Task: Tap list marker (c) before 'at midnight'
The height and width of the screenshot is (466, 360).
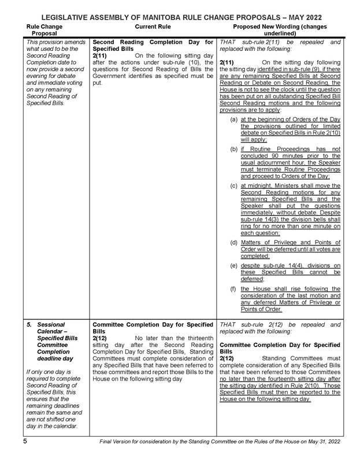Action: click(233, 186)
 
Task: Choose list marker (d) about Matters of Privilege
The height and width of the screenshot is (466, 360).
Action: click(233, 242)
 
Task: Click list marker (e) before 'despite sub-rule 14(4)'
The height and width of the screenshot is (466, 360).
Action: click(233, 265)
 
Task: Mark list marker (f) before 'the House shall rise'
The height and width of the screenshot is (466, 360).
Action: click(233, 288)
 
